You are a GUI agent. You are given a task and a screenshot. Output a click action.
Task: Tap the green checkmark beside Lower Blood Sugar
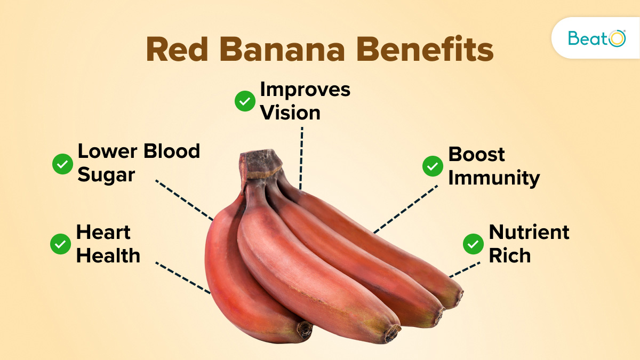tap(62, 164)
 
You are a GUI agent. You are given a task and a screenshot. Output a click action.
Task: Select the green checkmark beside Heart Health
tap(60, 244)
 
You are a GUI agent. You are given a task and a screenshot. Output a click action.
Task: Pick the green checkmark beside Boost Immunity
tap(433, 166)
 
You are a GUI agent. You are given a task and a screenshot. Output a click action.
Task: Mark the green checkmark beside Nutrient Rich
tap(473, 244)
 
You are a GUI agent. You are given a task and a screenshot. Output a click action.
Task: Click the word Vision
tap(290, 113)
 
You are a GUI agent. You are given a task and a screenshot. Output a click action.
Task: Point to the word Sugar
tap(106, 175)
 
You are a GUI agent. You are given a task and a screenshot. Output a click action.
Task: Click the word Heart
tap(103, 233)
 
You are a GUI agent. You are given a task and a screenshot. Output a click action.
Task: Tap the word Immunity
tap(494, 178)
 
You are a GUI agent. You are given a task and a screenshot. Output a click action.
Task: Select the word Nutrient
tap(529, 232)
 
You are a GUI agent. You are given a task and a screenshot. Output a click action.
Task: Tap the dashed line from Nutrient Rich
tap(465, 269)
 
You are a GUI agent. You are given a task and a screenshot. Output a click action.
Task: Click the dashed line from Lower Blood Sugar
tap(184, 199)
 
